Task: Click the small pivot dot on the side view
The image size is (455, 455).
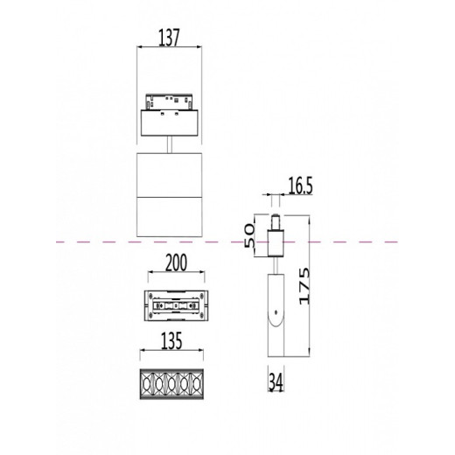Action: tap(275, 311)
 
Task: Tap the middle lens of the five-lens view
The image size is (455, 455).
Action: tap(174, 385)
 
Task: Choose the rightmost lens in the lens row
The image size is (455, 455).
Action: tap(199, 385)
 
